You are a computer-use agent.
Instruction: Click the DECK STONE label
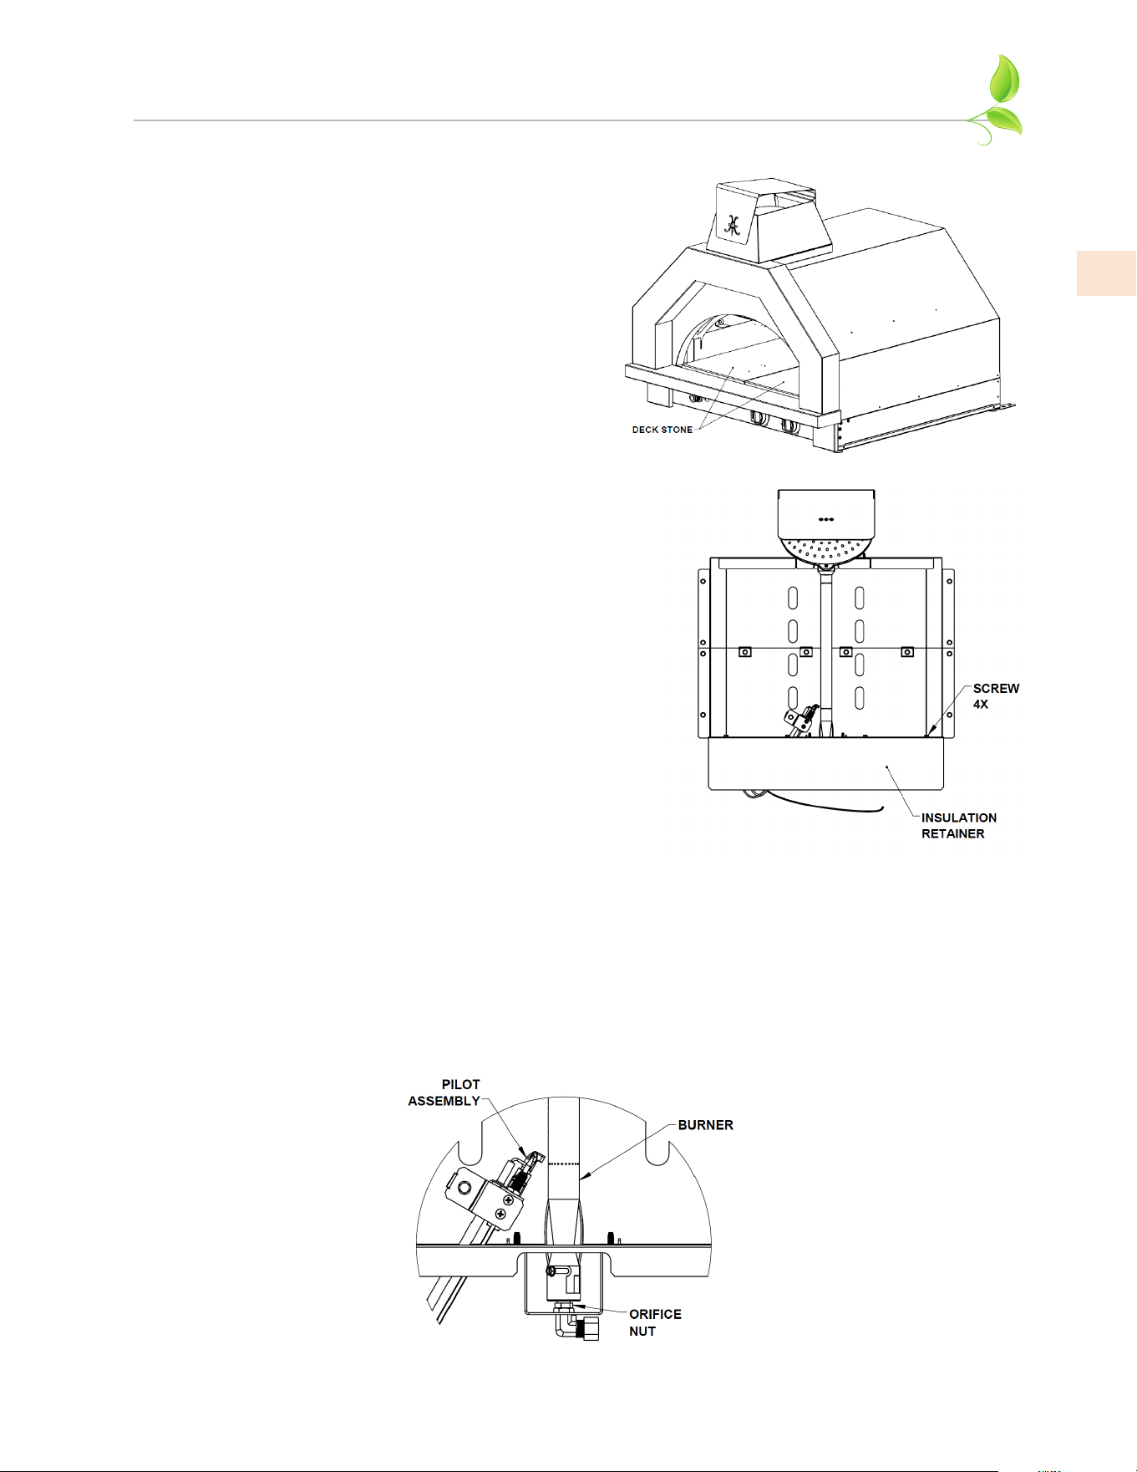click(662, 430)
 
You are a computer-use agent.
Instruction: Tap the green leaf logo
click(998, 100)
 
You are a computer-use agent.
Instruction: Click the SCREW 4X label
click(996, 696)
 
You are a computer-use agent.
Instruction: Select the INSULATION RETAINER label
click(959, 826)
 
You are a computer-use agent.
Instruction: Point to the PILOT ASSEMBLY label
click(444, 1093)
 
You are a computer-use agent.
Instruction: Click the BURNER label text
click(706, 1125)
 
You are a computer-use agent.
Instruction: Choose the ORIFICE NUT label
click(655, 1322)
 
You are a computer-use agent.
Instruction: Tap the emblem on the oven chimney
click(733, 224)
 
